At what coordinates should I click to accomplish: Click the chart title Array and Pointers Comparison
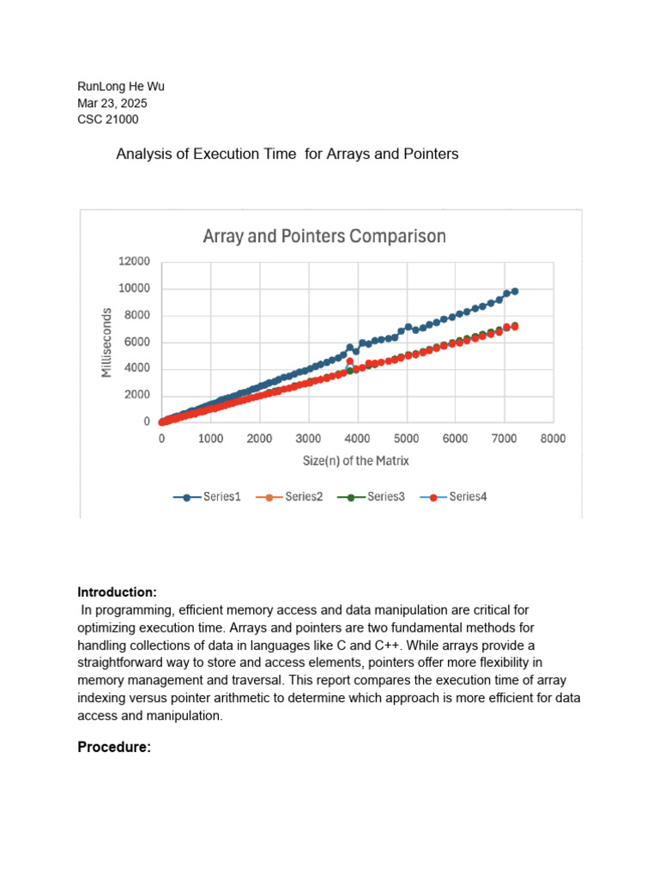tap(323, 236)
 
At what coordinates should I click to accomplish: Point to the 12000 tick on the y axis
tap(134, 262)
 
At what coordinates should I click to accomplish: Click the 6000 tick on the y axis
tap(136, 343)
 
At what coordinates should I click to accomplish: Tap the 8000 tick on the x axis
tap(553, 439)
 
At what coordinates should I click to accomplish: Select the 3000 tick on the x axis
tap(309, 439)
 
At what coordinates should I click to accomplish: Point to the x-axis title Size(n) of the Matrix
tap(355, 461)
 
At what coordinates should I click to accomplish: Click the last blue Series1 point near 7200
tap(514, 292)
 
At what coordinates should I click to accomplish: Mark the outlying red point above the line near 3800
tap(349, 362)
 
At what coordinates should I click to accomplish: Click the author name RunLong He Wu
tap(121, 86)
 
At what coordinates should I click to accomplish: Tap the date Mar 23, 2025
tap(112, 103)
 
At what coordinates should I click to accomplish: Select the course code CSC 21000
tap(108, 119)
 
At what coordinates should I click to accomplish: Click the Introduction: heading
tap(118, 592)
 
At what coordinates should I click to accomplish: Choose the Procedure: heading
tap(114, 748)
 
